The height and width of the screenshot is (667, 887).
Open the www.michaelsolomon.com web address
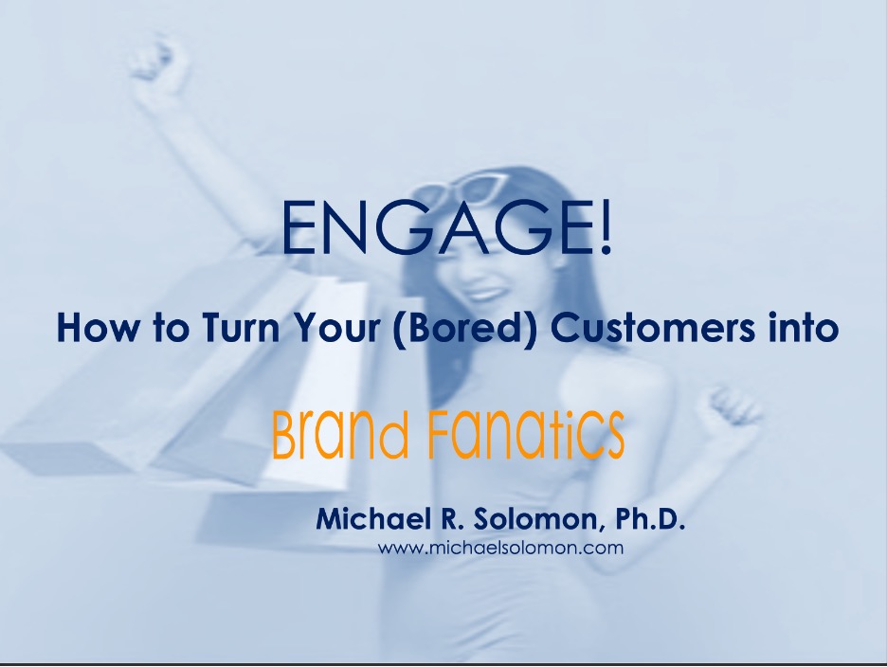tap(500, 548)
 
